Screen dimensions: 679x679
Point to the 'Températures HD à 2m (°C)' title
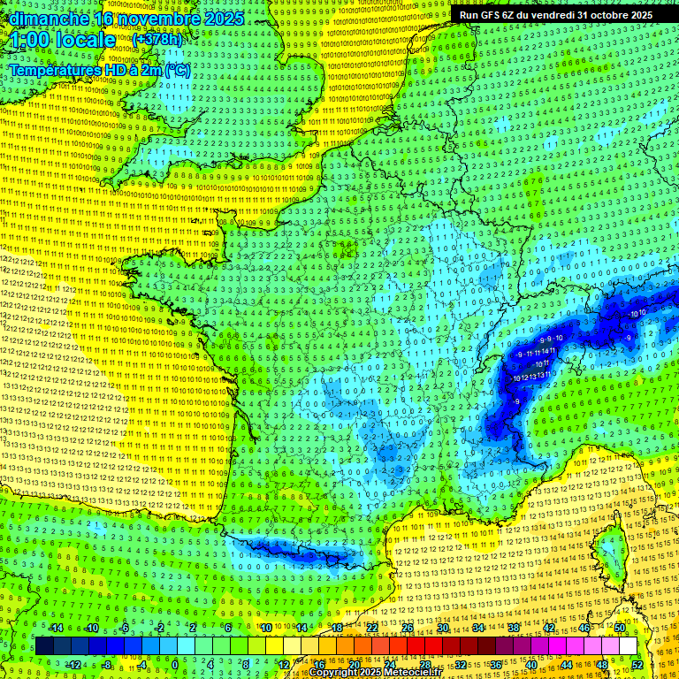tap(99, 70)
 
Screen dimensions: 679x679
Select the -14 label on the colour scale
tap(56, 628)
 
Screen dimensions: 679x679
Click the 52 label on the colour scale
tap(637, 664)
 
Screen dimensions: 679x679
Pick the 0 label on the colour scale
tap(175, 664)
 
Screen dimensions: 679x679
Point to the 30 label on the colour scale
tap(442, 628)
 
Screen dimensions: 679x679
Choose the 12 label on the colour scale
tap(284, 664)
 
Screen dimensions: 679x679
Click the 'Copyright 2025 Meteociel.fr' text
tap(375, 673)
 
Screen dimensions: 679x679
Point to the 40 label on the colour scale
tap(530, 664)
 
